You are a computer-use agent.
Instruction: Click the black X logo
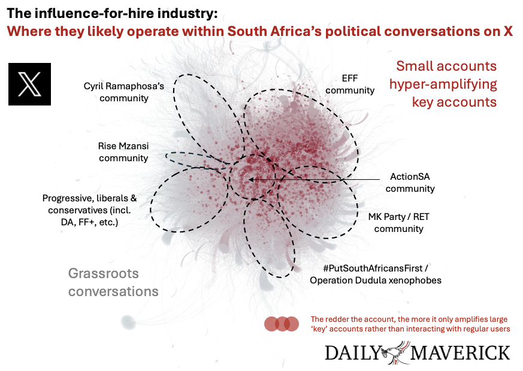pos(29,84)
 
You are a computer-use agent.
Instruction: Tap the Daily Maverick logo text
pos(418,352)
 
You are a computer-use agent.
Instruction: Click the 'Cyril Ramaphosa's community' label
pos(124,92)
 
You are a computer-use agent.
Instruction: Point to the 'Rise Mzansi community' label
pos(123,152)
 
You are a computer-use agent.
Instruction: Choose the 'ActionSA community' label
pos(410,182)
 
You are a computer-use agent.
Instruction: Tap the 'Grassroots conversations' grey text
pos(113,282)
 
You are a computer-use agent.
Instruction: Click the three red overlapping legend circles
pos(282,324)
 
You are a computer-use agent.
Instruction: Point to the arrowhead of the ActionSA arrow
pos(251,179)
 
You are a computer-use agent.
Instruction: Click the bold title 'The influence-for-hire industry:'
pos(113,13)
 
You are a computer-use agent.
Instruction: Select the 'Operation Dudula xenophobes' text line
pos(375,280)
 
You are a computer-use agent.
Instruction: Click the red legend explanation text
pos(409,324)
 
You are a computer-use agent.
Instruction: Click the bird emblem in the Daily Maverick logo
pos(395,351)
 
